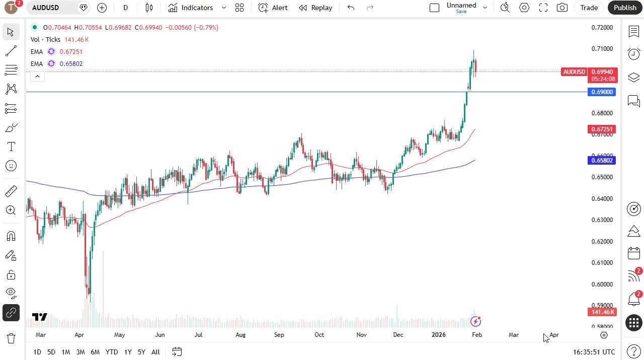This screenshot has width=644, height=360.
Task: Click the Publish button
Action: point(625,8)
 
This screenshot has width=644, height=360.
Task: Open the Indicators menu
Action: point(191,8)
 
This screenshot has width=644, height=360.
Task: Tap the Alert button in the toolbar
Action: point(273,8)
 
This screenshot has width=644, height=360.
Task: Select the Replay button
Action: point(315,8)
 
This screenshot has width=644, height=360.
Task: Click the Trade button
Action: point(589,8)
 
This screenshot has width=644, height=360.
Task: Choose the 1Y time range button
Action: point(128,352)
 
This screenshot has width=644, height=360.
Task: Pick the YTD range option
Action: point(112,352)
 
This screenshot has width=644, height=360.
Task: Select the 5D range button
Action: point(51,352)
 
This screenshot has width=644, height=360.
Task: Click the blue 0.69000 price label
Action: point(602,92)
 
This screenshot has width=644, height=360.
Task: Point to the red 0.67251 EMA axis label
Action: point(602,129)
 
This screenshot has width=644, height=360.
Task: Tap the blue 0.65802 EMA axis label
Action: point(602,161)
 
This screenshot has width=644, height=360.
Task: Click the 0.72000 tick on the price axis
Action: point(602,27)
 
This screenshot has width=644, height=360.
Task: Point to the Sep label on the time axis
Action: point(279,335)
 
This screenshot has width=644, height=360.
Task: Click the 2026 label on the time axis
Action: point(439,335)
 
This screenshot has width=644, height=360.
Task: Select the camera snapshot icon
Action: point(562,8)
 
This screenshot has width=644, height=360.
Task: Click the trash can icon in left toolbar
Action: point(11,338)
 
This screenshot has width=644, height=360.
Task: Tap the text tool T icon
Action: point(11,147)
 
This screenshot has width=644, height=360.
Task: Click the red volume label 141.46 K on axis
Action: point(602,312)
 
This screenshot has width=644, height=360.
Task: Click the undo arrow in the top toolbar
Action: point(351,8)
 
